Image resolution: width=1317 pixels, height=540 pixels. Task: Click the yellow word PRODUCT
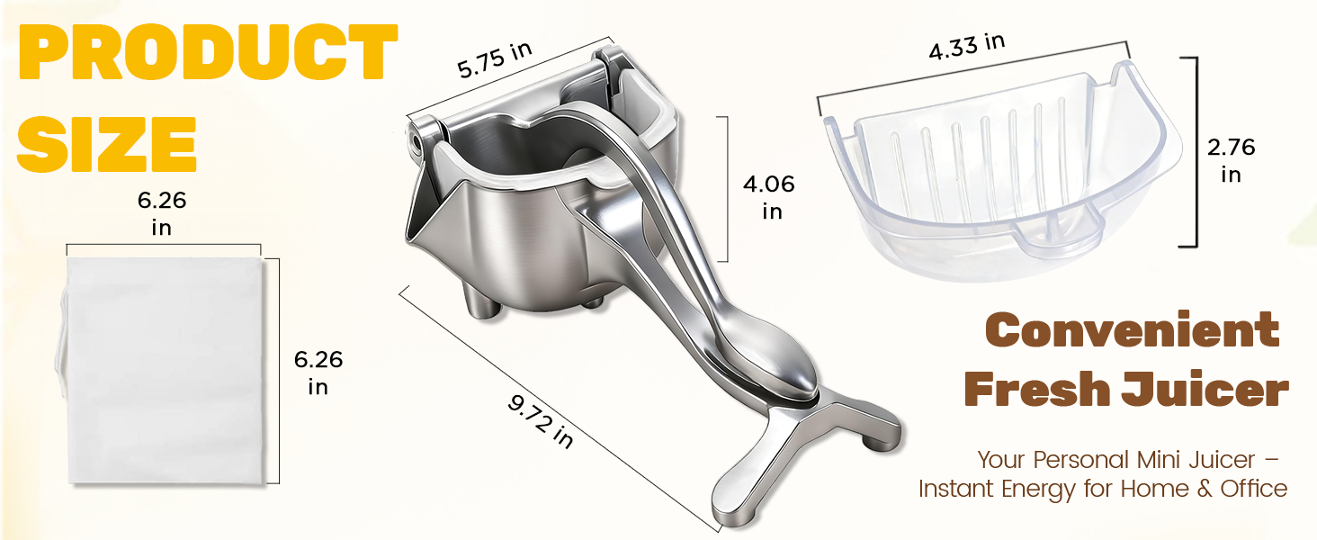click(x=208, y=53)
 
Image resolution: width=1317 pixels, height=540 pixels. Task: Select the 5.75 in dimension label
click(x=495, y=60)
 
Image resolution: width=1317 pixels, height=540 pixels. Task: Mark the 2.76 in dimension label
click(x=1231, y=160)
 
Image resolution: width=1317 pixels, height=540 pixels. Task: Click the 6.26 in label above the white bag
click(x=162, y=214)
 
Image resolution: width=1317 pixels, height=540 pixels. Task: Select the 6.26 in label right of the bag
click(x=318, y=373)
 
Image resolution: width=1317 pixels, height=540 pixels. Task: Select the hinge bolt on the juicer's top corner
click(x=415, y=140)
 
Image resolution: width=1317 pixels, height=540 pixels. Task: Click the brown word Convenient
click(x=1132, y=330)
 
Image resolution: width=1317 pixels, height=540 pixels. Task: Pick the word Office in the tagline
click(x=1254, y=489)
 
